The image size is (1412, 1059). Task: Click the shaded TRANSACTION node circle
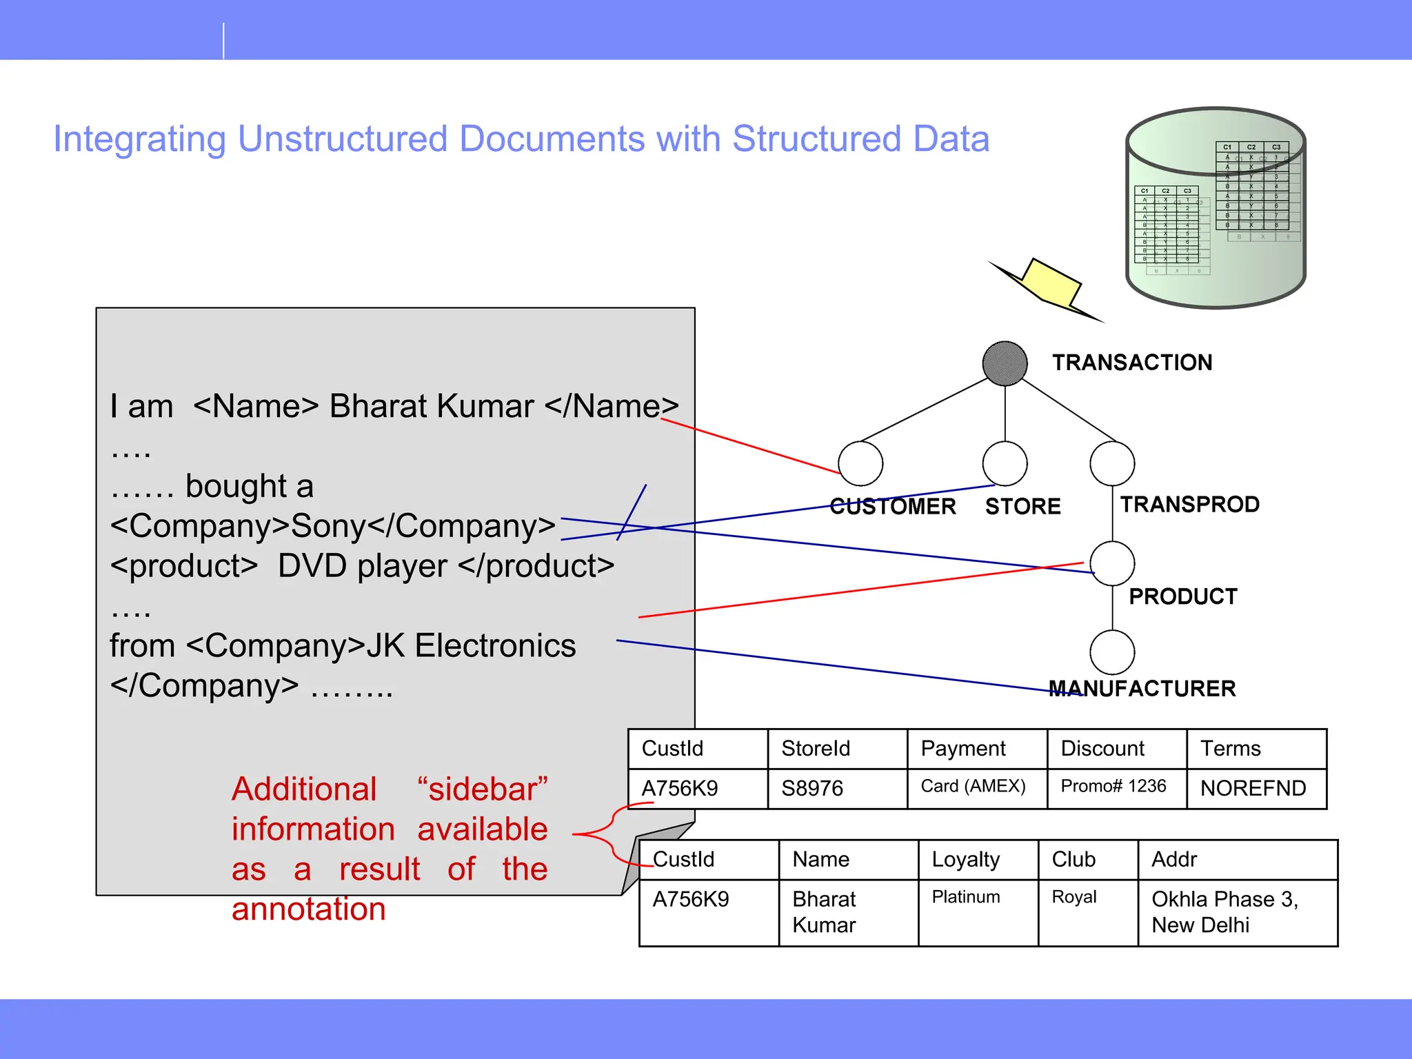(1005, 363)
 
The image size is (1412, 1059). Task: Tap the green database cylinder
(1216, 207)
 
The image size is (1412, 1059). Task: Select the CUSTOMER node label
(892, 507)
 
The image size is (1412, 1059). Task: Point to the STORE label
(1022, 507)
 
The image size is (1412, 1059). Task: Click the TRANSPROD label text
(1189, 504)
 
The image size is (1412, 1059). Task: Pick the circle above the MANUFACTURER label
(1112, 652)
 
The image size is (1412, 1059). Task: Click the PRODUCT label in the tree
(1182, 596)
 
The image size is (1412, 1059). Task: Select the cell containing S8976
(837, 788)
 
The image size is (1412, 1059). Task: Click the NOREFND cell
(1255, 788)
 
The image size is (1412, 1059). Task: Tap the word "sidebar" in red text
(482, 789)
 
